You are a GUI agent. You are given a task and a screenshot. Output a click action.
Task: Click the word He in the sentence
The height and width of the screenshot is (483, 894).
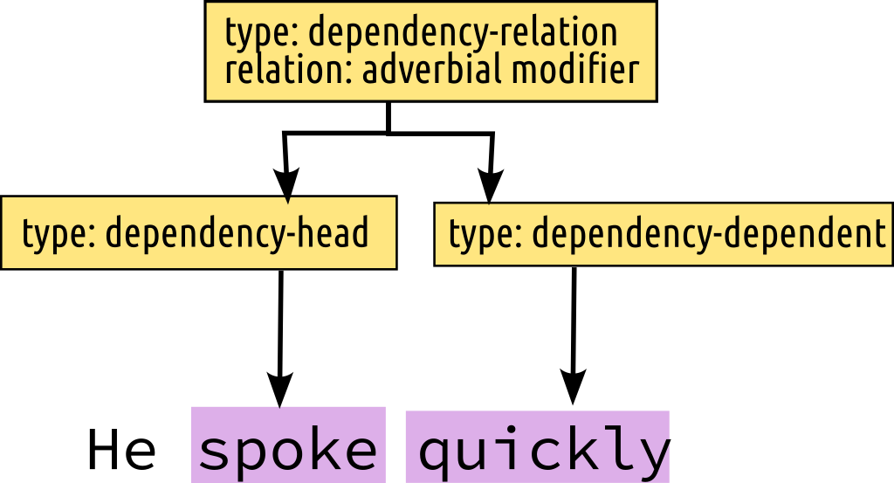click(x=121, y=451)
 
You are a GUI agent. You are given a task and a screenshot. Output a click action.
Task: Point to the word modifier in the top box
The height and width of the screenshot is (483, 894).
click(x=575, y=70)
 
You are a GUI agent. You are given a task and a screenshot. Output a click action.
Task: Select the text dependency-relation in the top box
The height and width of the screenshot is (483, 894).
click(x=463, y=33)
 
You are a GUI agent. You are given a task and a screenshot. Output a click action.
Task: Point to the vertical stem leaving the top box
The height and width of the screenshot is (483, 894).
click(x=388, y=117)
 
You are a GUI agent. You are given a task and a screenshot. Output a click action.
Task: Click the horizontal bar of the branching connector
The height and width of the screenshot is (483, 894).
click(x=388, y=133)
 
